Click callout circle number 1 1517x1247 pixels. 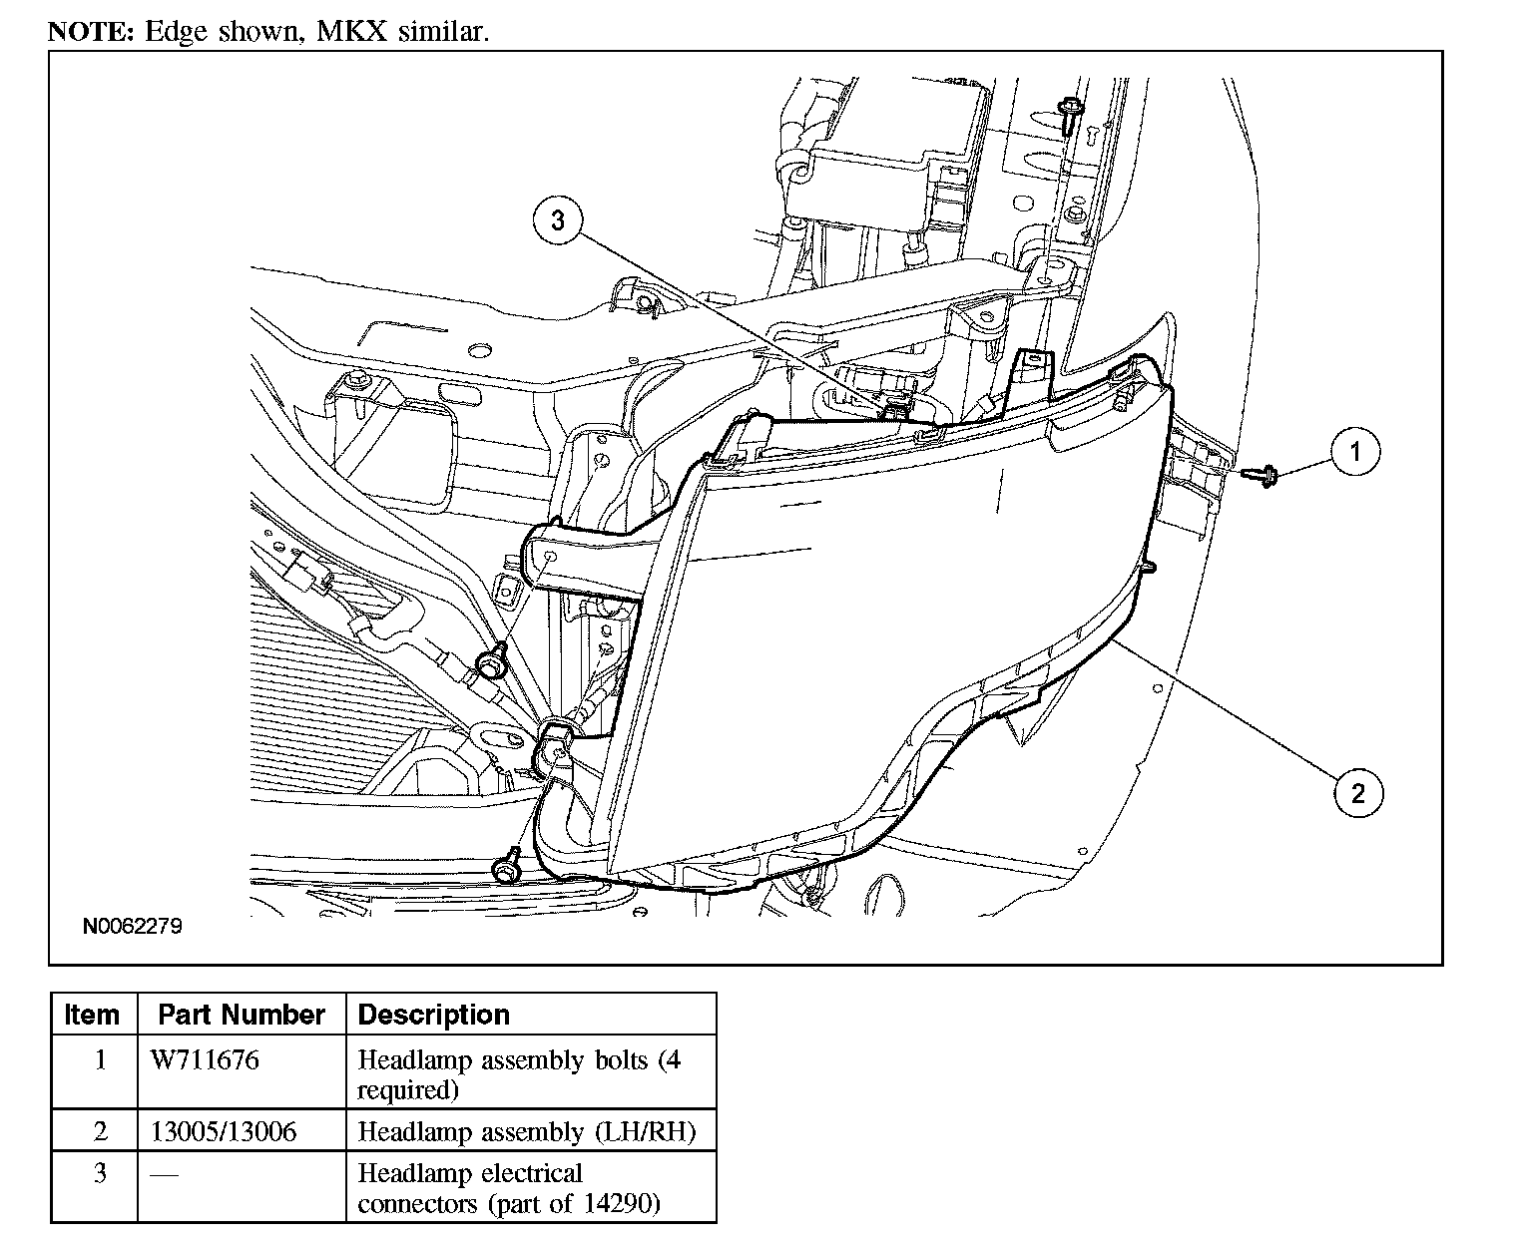1354,452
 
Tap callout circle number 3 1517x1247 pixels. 558,220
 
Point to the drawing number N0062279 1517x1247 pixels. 132,927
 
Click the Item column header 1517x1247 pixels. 92,1015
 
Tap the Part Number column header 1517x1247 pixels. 242,1015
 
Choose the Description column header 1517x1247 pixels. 433,1015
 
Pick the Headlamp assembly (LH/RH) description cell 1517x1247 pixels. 526,1131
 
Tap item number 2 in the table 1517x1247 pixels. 100,1131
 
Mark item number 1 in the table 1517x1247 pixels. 100,1059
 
